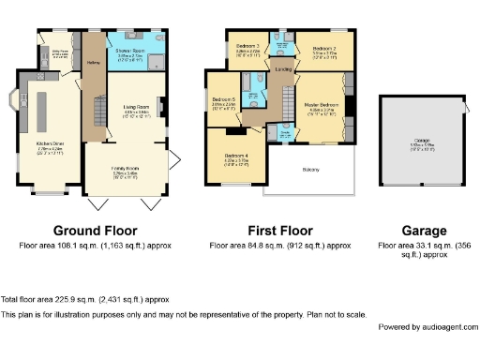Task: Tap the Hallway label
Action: point(94,63)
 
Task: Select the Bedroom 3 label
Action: point(247,46)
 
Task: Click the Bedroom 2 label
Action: point(323,47)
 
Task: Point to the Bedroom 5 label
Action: point(223,99)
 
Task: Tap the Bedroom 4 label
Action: point(235,157)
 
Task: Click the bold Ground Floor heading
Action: point(95,231)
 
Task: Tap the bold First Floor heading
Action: point(279,231)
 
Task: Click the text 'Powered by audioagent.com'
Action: point(427,326)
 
